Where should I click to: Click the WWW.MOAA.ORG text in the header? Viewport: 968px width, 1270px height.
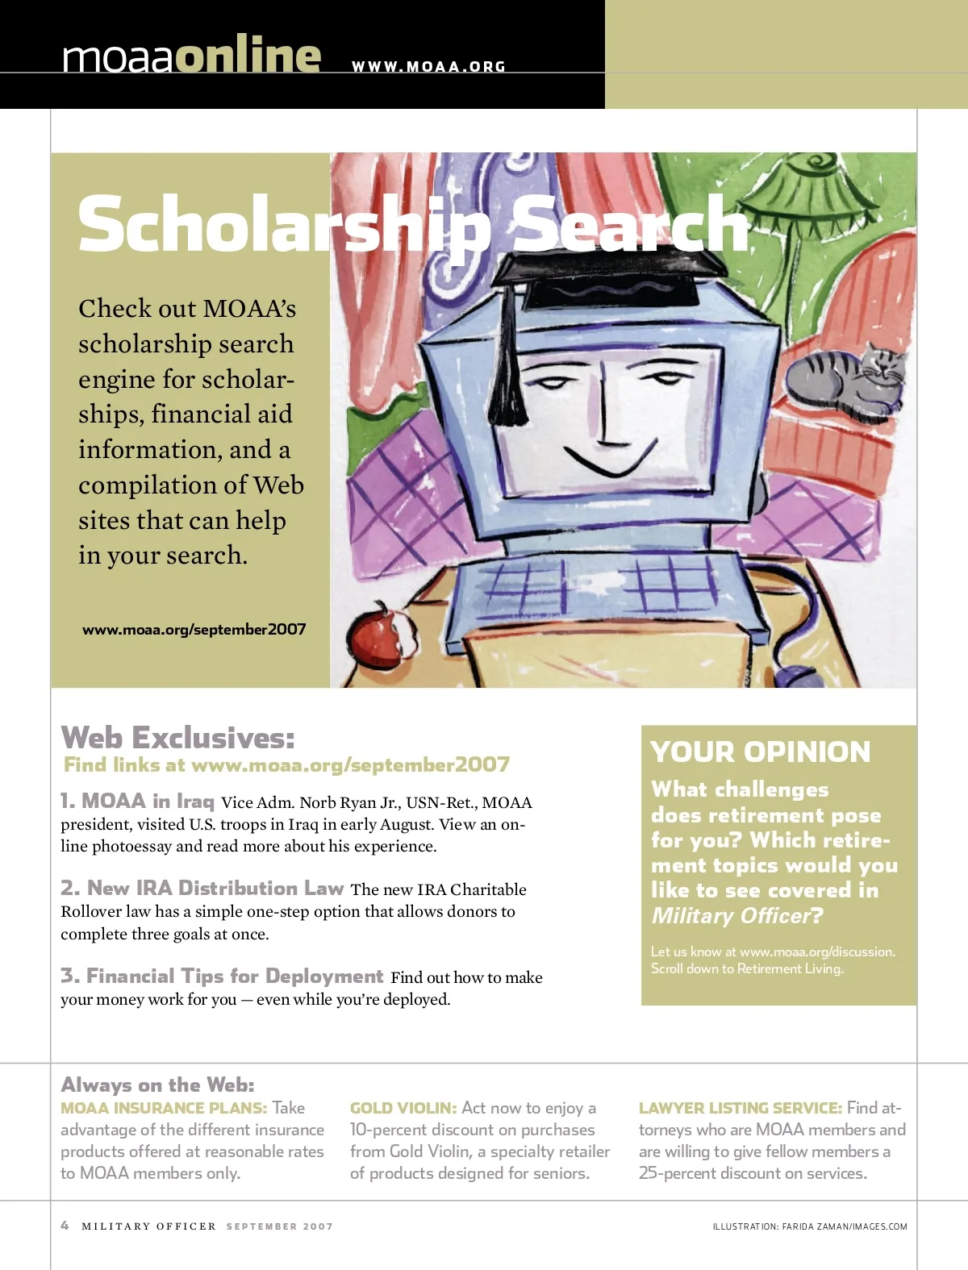click(x=428, y=67)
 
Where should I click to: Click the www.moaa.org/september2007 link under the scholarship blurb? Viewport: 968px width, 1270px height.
click(x=194, y=629)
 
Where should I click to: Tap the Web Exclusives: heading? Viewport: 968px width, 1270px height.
click(x=178, y=737)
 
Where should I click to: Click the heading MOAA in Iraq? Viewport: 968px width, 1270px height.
click(x=137, y=801)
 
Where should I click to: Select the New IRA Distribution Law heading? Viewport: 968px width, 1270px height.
click(x=202, y=888)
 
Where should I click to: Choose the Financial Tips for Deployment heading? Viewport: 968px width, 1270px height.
click(x=222, y=976)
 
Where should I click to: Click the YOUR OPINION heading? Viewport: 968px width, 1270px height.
click(x=761, y=752)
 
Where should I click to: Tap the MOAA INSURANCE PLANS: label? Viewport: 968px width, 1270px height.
click(x=164, y=1108)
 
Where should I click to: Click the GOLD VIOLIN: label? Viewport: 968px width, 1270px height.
click(x=403, y=1108)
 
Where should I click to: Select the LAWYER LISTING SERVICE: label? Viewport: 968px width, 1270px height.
click(x=741, y=1108)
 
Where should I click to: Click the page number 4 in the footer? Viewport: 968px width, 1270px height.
click(x=65, y=1226)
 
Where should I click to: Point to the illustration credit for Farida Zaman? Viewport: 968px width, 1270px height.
click(x=810, y=1226)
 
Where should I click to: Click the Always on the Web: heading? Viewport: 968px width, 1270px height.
click(x=157, y=1085)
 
